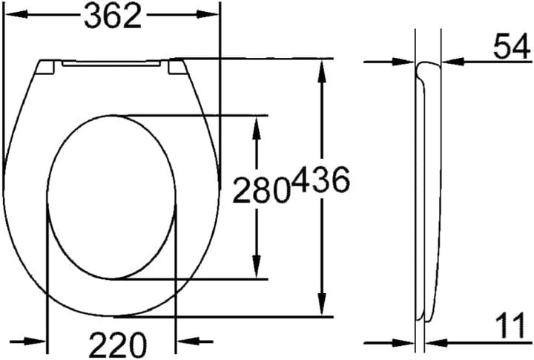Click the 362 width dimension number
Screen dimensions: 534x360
113,16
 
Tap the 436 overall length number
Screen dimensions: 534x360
321,180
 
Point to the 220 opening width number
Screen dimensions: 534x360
118,344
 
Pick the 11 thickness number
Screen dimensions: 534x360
510,326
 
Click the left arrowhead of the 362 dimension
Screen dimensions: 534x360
16,15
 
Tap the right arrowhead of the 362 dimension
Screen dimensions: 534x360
207,15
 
